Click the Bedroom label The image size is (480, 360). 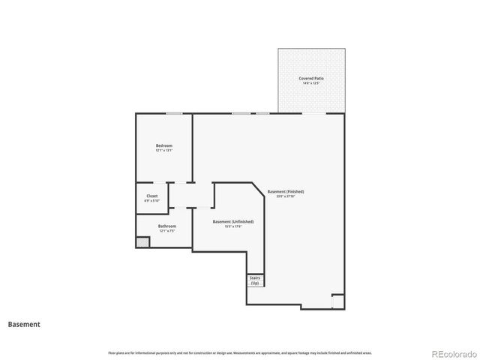point(164,145)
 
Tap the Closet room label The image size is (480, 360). point(152,196)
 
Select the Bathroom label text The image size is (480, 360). point(166,226)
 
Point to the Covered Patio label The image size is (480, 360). point(311,78)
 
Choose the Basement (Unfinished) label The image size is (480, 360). point(232,221)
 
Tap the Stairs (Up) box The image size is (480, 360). point(255,280)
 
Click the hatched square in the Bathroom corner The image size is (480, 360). point(142,243)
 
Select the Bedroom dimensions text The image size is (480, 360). point(164,151)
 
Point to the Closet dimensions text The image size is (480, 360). point(152,201)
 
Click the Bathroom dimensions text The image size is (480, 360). point(166,231)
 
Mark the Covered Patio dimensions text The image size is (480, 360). point(311,83)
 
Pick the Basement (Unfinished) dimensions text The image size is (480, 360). point(232,226)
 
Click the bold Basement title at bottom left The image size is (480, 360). point(24,325)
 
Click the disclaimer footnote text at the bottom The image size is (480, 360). point(239,352)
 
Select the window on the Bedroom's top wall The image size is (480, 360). point(174,113)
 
